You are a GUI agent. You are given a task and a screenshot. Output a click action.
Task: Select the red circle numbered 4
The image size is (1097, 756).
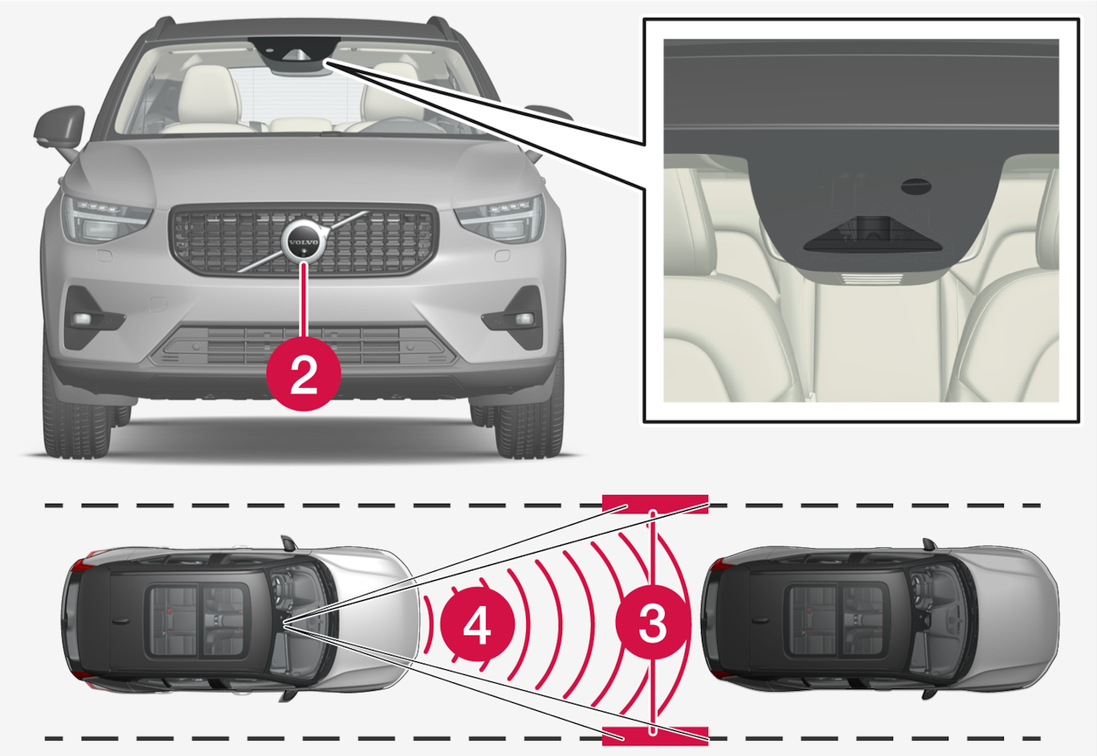(x=477, y=626)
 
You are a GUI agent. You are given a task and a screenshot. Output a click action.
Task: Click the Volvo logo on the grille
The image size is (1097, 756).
(x=304, y=242)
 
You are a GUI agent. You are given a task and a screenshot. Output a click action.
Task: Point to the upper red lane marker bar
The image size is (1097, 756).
(x=655, y=505)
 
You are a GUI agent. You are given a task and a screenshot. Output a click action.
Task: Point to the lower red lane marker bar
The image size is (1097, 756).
(x=655, y=736)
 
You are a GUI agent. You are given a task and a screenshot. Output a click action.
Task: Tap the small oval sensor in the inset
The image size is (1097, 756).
(x=916, y=186)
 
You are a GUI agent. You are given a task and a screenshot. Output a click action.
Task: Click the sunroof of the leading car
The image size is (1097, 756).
(x=837, y=620)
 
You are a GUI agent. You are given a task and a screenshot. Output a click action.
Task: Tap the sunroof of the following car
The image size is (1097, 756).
(x=198, y=619)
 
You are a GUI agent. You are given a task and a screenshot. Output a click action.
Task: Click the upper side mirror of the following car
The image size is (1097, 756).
(x=289, y=543)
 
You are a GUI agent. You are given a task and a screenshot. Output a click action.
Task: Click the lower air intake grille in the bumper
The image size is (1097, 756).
(x=304, y=346)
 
